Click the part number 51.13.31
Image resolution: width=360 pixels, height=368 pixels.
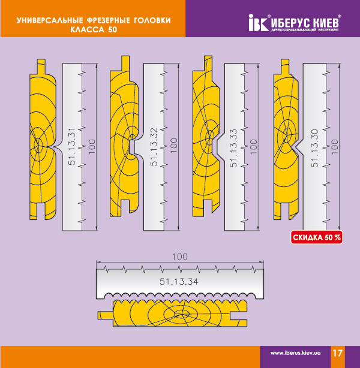point(72,146)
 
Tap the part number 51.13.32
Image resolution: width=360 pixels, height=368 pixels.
point(154,147)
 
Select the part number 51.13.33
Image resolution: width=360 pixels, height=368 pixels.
point(234,148)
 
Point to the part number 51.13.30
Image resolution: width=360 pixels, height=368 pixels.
point(315,148)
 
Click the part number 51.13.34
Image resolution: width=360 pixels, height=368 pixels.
point(179,282)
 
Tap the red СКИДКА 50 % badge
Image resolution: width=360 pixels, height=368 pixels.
point(317,237)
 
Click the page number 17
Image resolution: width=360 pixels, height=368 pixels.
point(337,353)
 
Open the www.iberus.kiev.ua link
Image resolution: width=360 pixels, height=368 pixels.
point(295,353)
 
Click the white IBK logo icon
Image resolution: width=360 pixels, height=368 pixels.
point(258,23)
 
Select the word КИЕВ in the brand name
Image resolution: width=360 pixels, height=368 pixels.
point(326,23)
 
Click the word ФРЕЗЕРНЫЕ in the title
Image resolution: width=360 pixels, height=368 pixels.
point(109,20)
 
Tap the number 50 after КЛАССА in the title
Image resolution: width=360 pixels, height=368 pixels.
point(113,29)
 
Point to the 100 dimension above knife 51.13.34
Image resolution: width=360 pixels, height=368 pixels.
point(180,257)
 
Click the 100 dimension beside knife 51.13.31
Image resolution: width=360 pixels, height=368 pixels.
point(92,147)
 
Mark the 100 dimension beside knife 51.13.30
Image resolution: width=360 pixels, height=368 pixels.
point(334,147)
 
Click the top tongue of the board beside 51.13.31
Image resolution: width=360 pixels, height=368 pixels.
point(41,67)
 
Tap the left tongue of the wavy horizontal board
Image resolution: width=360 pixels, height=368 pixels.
point(106,315)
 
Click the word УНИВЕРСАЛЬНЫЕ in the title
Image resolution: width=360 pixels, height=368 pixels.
point(50,20)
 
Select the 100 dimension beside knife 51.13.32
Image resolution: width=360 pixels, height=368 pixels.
point(173,146)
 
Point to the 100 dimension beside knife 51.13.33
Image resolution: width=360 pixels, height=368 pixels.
point(253,147)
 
